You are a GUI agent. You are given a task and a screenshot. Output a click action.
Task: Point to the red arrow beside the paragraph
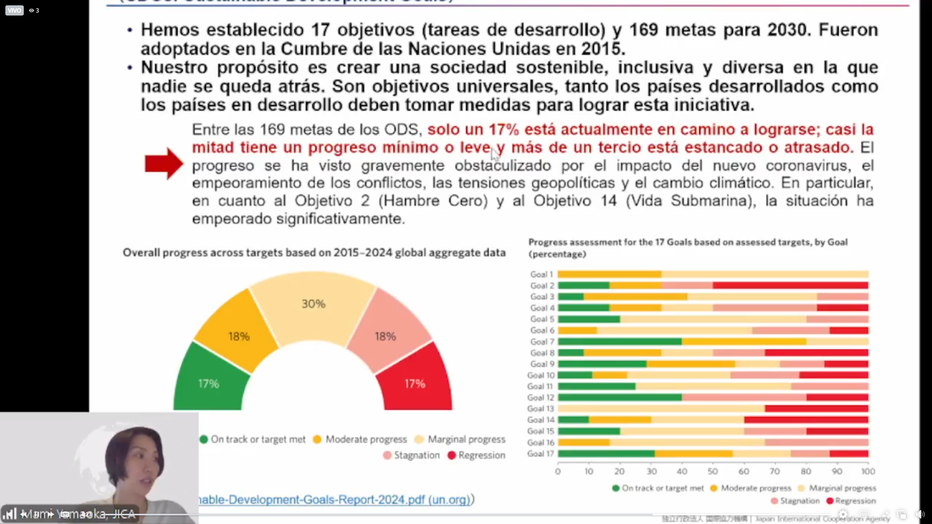click(164, 164)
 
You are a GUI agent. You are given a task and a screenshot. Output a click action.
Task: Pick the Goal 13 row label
click(540, 409)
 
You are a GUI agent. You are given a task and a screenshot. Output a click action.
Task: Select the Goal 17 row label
click(540, 454)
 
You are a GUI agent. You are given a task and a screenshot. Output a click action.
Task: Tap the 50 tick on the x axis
click(713, 471)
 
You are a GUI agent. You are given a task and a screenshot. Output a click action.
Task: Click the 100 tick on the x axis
click(868, 471)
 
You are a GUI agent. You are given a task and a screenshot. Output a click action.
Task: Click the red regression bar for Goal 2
click(790, 285)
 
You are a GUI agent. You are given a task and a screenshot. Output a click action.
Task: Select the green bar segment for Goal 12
click(619, 397)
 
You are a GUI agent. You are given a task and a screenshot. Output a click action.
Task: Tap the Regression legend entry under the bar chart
click(851, 501)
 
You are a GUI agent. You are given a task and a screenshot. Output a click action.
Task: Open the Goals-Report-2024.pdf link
click(335, 499)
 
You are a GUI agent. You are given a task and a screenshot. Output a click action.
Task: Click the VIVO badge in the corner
click(15, 10)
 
